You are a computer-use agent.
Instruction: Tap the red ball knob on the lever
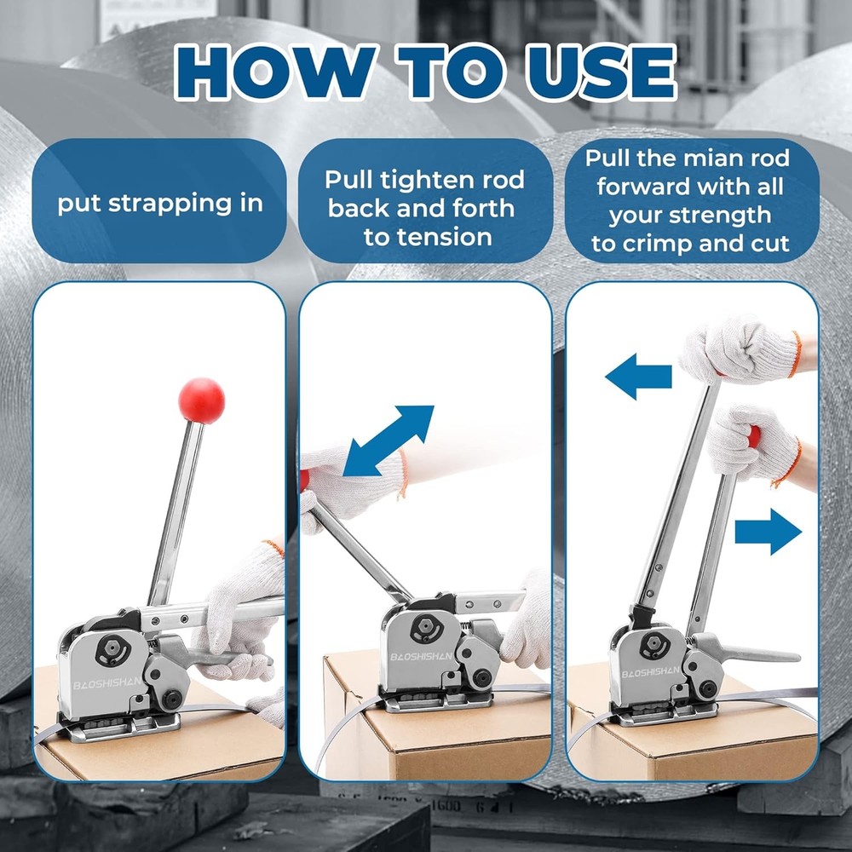(x=201, y=400)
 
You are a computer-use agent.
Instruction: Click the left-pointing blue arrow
(x=638, y=375)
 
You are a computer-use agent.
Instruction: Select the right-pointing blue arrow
(x=768, y=532)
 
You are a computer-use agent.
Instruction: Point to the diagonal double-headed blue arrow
(x=388, y=440)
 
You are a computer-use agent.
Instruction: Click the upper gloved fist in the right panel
(x=740, y=349)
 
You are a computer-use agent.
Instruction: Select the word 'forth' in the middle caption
(x=482, y=208)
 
